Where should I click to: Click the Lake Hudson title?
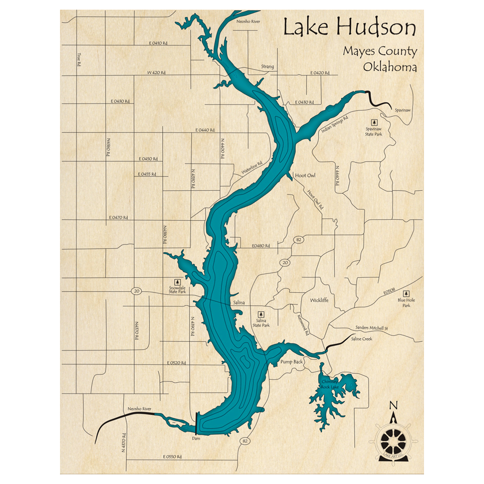[x=349, y=29]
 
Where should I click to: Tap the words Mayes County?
[x=379, y=51]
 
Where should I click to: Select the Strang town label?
[x=267, y=66]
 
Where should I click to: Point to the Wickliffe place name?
[x=319, y=300]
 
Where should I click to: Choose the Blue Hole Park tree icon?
[x=406, y=293]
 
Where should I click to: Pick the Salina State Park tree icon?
[x=260, y=315]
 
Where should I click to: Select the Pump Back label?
[x=291, y=362]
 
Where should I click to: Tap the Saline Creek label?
[x=362, y=339]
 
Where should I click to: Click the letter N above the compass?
[x=393, y=406]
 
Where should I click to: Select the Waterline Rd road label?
[x=252, y=168]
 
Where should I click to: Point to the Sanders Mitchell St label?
[x=372, y=328]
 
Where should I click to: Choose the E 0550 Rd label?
[x=172, y=456]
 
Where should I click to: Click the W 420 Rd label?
[x=156, y=73]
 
